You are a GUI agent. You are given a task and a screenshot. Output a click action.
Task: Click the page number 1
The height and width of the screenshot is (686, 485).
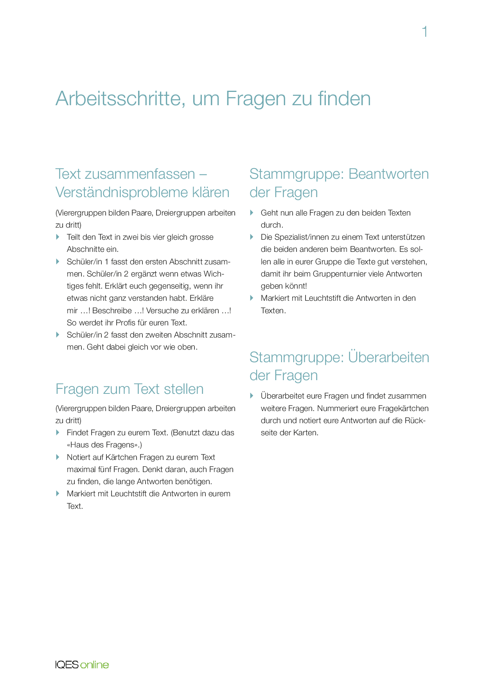425,32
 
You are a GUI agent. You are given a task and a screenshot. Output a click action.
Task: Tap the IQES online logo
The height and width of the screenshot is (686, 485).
82,664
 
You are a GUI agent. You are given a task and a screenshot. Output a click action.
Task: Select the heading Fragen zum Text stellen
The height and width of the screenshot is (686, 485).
129,389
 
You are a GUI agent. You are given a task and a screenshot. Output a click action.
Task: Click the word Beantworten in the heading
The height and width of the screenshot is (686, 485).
388,174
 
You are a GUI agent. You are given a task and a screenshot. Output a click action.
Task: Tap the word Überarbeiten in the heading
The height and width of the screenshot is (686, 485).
388,357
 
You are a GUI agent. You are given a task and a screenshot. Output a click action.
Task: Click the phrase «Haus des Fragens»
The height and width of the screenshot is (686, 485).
104,445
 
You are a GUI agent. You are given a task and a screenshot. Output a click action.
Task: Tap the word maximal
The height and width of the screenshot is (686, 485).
81,469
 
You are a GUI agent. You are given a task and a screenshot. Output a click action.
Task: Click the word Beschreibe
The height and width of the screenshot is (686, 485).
112,311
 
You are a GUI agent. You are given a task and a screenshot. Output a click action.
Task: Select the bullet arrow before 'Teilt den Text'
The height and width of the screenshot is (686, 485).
58,237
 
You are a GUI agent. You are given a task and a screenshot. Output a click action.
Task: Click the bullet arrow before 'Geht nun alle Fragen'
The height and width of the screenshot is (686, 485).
252,213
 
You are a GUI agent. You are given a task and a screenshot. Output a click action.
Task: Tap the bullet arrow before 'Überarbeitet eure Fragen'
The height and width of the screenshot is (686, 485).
252,396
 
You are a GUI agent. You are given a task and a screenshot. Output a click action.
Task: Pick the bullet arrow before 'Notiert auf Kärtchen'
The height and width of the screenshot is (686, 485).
58,457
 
